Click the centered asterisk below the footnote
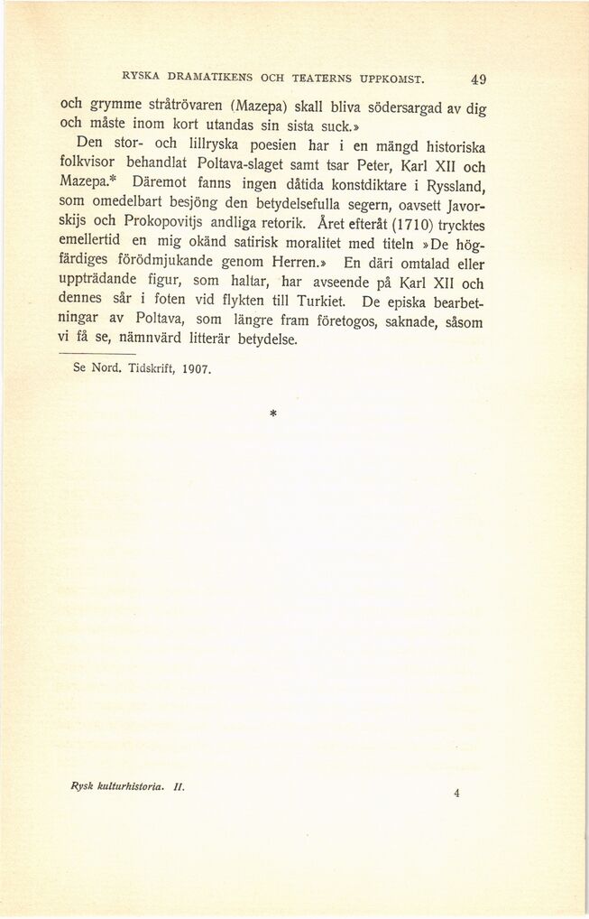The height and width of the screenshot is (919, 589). (x=271, y=414)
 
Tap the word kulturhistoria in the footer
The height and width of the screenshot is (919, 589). (x=127, y=786)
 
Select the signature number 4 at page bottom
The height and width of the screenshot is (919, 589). (x=457, y=794)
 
